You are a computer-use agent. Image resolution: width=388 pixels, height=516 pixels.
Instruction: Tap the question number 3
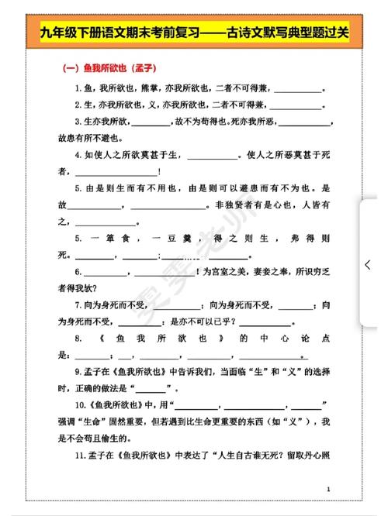(78, 122)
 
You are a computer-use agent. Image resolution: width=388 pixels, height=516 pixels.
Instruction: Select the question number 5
(78, 188)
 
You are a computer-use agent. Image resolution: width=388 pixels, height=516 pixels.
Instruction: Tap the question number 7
(78, 305)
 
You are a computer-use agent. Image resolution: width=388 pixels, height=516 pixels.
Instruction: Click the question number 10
(81, 406)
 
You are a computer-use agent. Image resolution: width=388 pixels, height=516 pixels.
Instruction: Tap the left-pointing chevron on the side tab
(368, 264)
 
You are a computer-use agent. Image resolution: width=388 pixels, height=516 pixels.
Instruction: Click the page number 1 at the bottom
(329, 489)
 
